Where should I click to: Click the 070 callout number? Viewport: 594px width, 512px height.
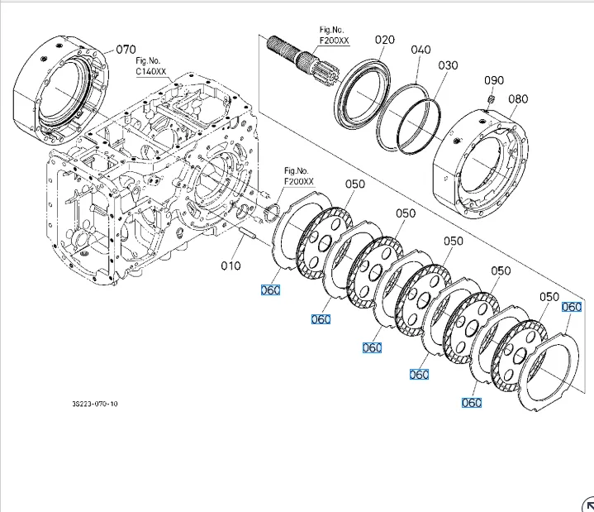[126, 50]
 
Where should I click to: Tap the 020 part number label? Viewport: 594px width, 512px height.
[385, 40]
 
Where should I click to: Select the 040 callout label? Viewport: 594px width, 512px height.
[421, 50]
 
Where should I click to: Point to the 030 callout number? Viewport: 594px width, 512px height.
[448, 65]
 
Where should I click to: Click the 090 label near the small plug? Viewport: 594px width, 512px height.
[494, 80]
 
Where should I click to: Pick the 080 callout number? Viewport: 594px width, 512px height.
[518, 98]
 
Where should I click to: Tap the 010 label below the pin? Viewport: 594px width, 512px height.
[230, 266]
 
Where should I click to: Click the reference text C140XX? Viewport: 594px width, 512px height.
[151, 72]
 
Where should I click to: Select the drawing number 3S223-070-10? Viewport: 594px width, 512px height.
[95, 404]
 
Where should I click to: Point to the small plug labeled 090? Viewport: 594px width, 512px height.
[491, 100]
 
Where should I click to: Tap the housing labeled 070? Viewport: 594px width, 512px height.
[58, 91]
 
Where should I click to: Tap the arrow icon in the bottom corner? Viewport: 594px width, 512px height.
[587, 505]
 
